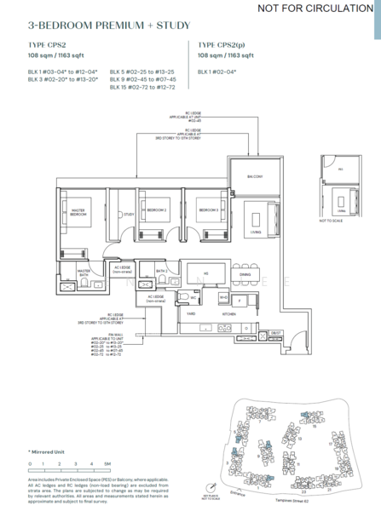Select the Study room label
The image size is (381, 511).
click(x=130, y=215)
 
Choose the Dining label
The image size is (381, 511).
click(x=245, y=274)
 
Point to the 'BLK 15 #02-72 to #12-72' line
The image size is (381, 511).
click(x=144, y=87)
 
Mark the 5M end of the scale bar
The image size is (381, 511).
click(x=107, y=463)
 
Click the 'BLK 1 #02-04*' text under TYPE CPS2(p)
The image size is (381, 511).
click(x=217, y=72)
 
